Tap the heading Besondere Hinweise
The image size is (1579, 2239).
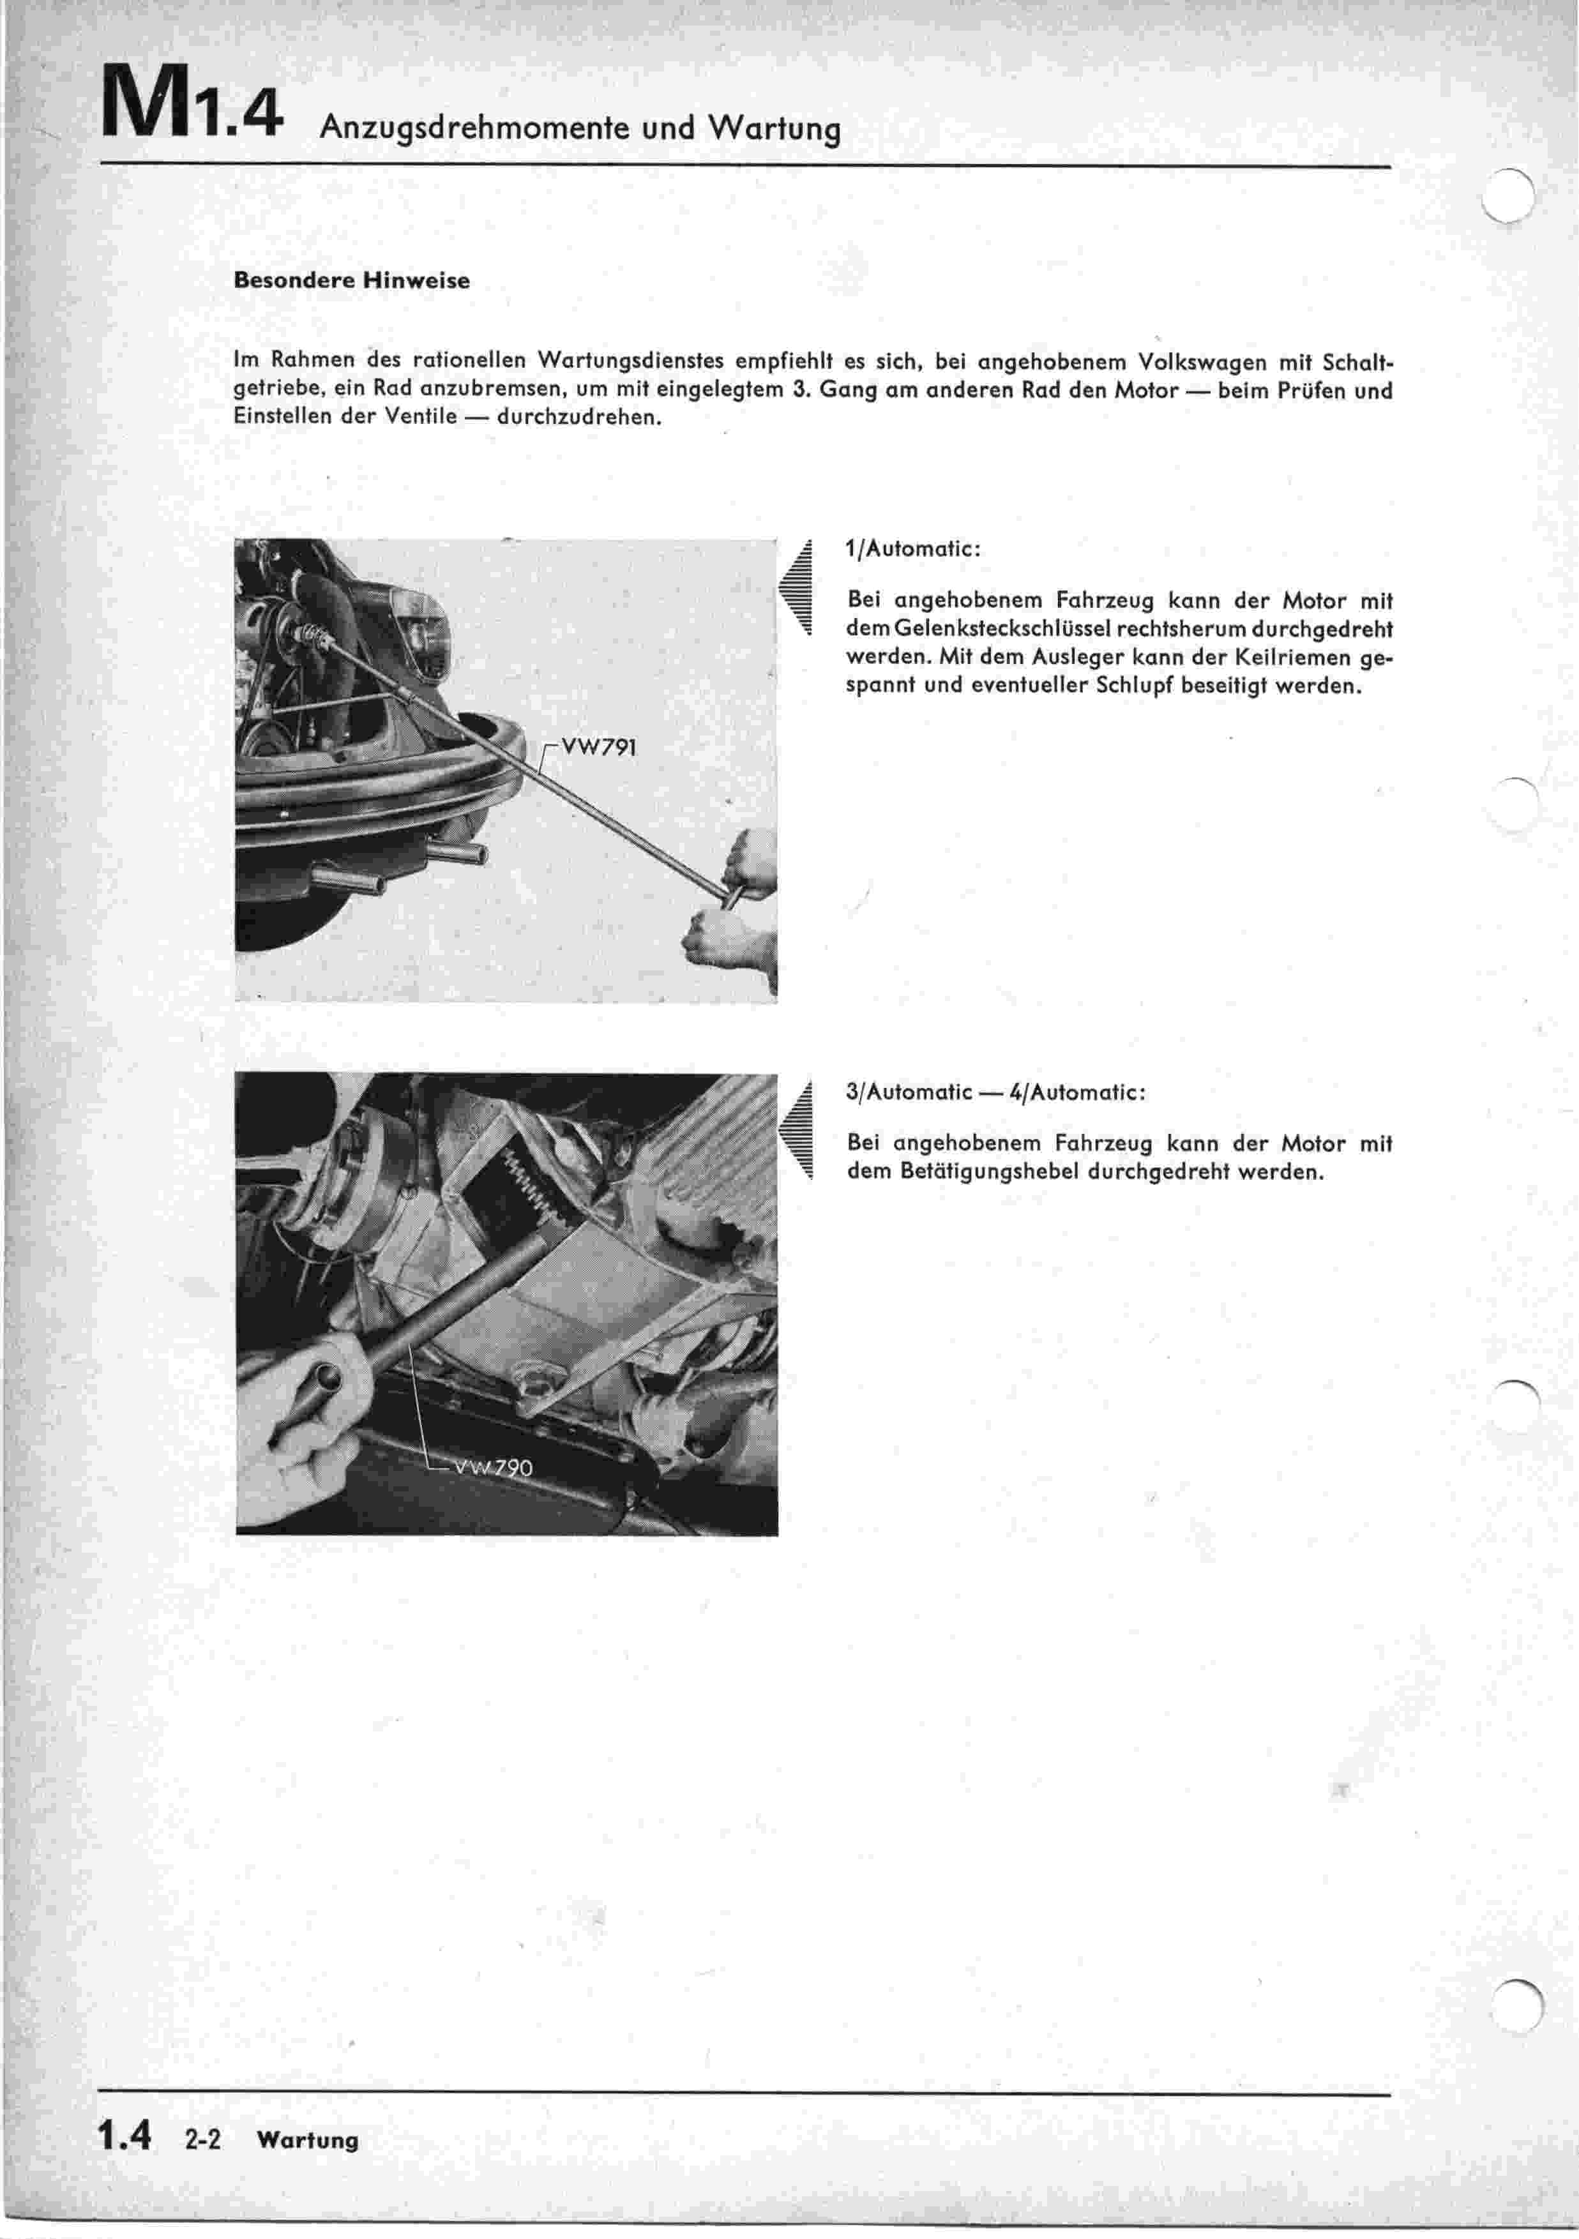click(x=351, y=281)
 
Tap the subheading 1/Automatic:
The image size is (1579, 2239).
click(x=912, y=549)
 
